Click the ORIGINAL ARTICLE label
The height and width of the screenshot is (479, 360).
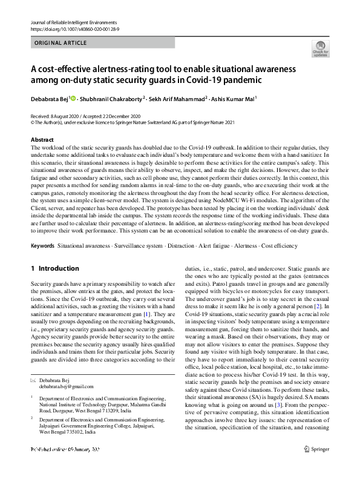coord(61,43)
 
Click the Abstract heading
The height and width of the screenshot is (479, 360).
coord(42,140)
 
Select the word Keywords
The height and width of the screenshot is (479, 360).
coord(42,246)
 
